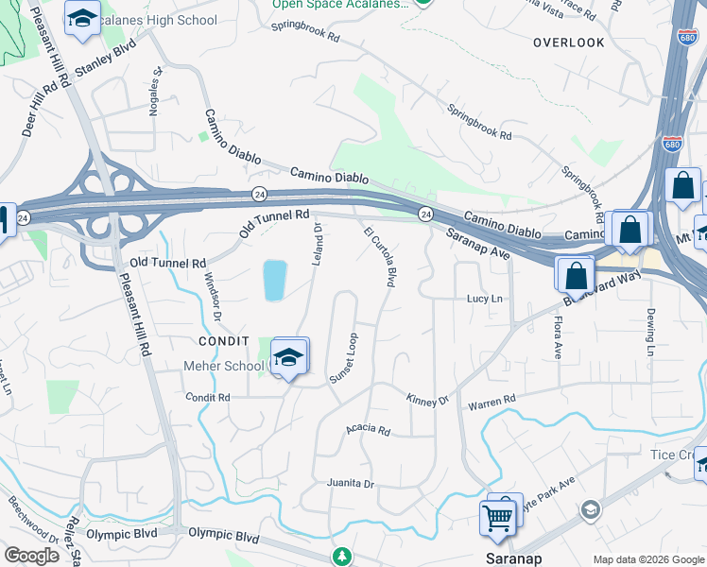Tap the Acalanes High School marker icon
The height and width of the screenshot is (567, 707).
83,18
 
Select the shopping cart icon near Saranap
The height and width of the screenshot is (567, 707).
497,516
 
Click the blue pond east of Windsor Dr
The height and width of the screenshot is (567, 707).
275,281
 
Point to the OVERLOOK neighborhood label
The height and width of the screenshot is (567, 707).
568,43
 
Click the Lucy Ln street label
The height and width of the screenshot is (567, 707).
485,299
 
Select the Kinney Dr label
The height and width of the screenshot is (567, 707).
427,400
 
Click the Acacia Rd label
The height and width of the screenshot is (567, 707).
368,430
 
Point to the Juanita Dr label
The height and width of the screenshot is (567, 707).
351,484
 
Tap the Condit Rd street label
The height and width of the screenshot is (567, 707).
208,398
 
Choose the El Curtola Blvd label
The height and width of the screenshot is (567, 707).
379,256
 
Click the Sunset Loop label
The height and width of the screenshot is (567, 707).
343,357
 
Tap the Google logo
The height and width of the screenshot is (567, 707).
32,556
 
